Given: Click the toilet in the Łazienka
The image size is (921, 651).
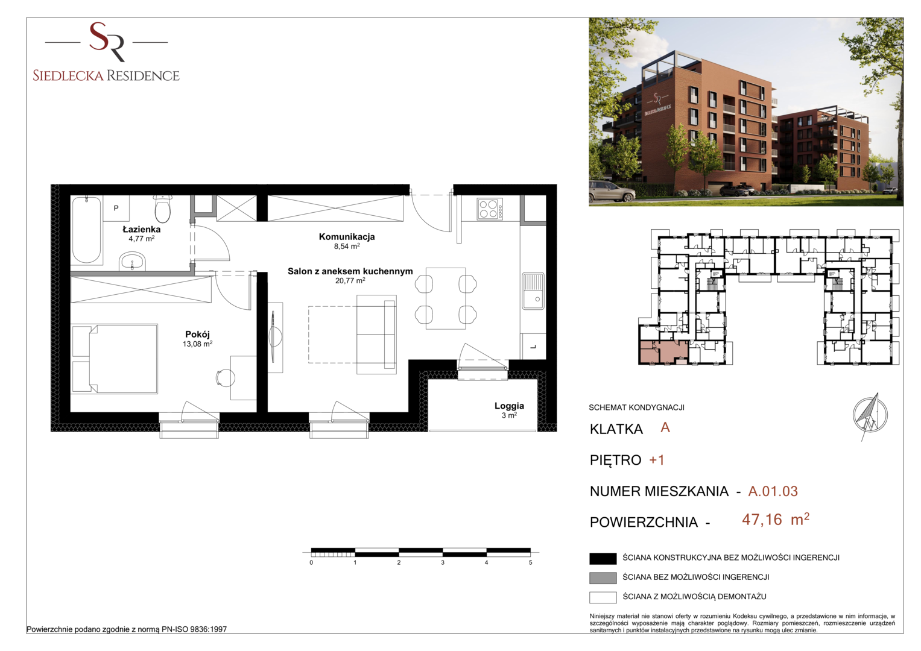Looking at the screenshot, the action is coord(163,209).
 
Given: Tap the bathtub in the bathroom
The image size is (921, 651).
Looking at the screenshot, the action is coord(86,230).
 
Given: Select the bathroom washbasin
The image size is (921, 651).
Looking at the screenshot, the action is coord(132,262).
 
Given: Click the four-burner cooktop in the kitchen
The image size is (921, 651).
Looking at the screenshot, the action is coord(490,209).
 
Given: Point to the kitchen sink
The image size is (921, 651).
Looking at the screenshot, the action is coord(533,291).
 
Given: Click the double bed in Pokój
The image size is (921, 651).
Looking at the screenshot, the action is coord(115,359).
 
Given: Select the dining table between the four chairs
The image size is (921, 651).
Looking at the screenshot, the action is coord(446,298).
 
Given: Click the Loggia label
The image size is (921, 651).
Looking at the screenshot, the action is coord(509,406).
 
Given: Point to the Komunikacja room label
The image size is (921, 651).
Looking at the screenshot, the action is coord(347,237).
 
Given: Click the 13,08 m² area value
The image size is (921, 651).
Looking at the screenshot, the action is coord(197,344).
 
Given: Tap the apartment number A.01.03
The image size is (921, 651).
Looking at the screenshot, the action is coord(773,491).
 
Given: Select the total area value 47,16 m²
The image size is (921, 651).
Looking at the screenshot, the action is coord(776,520).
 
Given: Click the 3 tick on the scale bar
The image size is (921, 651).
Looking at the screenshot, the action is coord(443,562).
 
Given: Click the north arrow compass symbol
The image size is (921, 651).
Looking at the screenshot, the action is coord(869,415).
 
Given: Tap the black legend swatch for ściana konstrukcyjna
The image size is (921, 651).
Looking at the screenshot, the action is coord(603,559).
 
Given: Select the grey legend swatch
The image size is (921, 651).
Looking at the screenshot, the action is coord(603,578).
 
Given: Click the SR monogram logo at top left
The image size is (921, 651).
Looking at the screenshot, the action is coord(107,42).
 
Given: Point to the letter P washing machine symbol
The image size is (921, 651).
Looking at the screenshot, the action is coord(116,208).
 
